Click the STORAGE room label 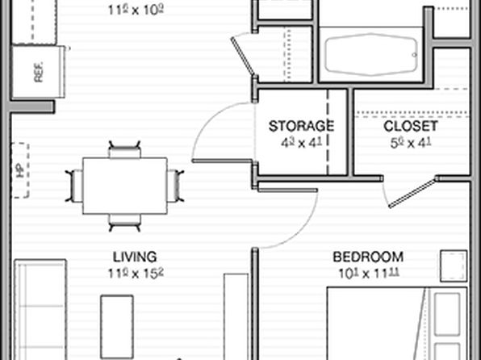pos(301,126)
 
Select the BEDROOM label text pos(369,257)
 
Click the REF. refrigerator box pos(38,72)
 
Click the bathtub pos(369,53)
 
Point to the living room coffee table pos(117,327)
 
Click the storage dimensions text pos(301,143)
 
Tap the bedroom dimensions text pos(369,273)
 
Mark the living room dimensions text pos(135,273)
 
